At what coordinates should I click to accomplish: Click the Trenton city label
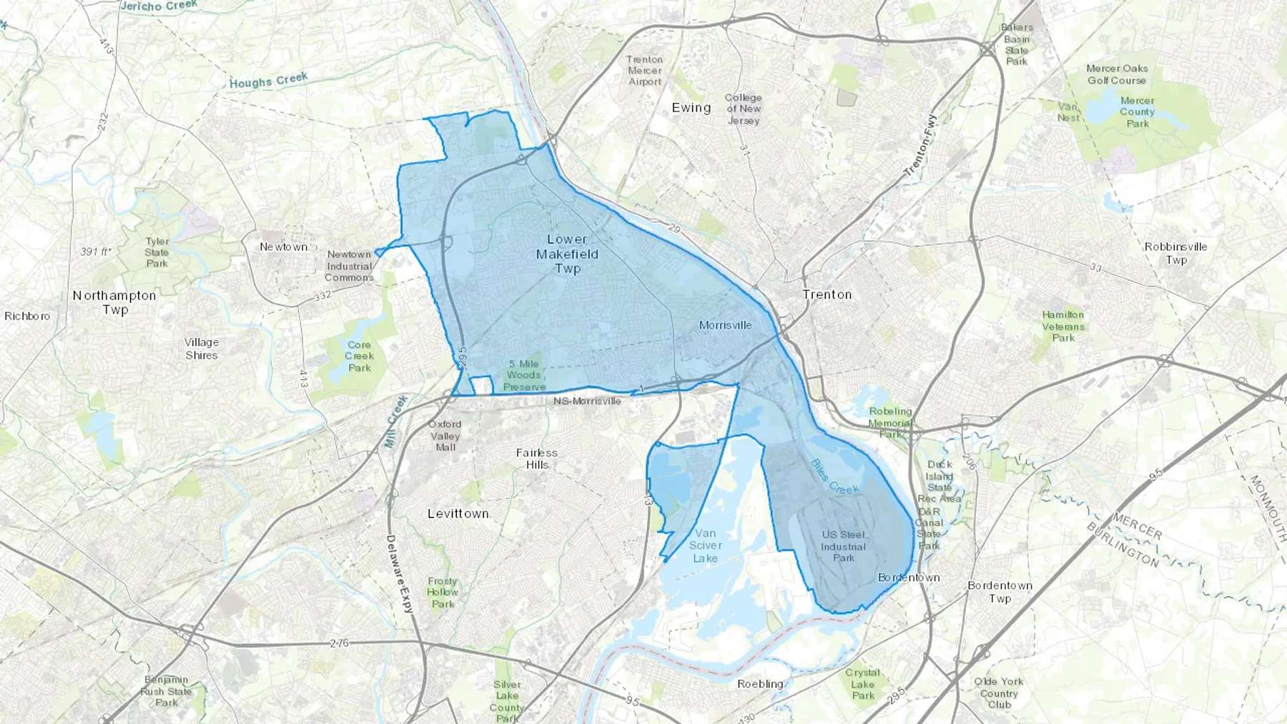coord(827,294)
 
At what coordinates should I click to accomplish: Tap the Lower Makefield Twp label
coord(568,254)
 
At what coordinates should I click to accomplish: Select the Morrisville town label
coord(725,325)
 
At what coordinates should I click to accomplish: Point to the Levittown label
coord(458,514)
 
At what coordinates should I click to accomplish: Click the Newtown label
coord(283,247)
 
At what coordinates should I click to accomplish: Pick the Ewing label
coord(691,108)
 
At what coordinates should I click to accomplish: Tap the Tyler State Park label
coord(157,252)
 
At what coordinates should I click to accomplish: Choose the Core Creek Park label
coord(359,356)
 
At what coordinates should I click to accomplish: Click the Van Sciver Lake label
coord(705,545)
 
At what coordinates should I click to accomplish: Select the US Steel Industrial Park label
coord(843,546)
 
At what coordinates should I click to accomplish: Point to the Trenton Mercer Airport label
coord(644,71)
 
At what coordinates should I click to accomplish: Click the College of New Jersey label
coord(743,109)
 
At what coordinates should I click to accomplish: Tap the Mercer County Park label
coord(1137,112)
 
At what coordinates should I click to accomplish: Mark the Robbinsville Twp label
coord(1175,253)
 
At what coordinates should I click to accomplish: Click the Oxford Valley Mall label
coord(445,435)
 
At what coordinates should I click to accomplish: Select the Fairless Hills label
coord(537,458)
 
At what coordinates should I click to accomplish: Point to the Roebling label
coord(760,684)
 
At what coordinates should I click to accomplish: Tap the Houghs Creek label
coord(269,80)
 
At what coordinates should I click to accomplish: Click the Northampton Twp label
coord(114,302)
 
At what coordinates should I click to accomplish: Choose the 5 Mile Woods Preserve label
coord(524,375)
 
